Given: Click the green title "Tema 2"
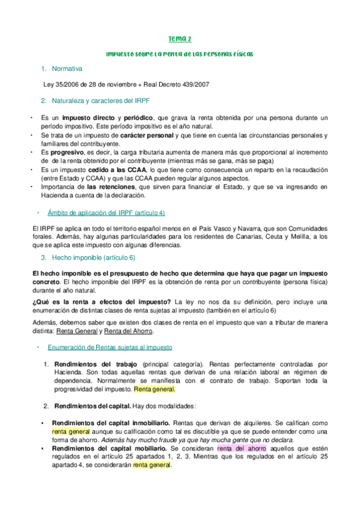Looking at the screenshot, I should point(179,39).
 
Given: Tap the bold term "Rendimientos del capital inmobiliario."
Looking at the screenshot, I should point(111,423).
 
